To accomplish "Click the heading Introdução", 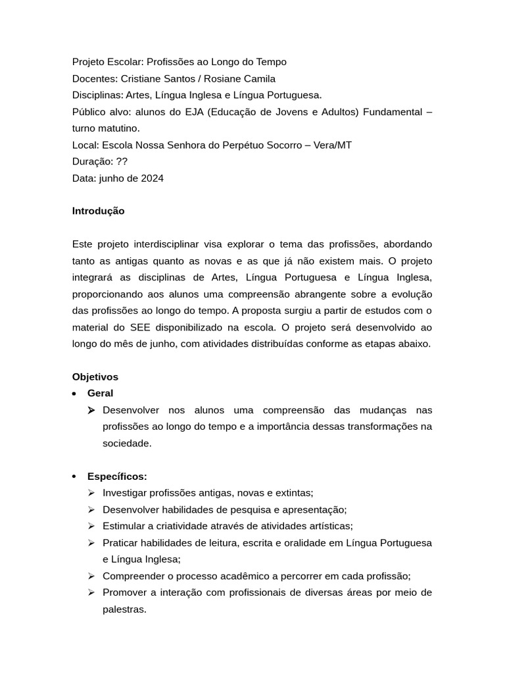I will [98, 211].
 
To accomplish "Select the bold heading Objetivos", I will [95, 377].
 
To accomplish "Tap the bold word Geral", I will [100, 394].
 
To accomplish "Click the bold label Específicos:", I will [117, 477].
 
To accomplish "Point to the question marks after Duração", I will [122, 161].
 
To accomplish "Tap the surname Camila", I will [257, 78].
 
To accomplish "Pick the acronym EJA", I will [195, 112].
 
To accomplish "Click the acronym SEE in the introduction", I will [141, 327].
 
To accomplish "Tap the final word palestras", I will [124, 609].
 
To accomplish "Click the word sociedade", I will [127, 444].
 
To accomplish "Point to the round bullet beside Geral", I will [76, 394].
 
